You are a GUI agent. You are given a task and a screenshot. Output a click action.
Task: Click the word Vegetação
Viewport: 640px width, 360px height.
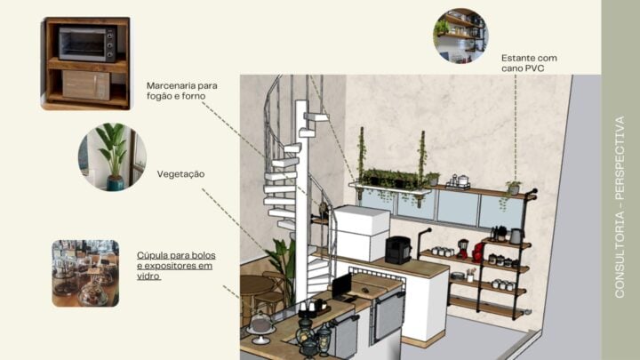click(180, 174)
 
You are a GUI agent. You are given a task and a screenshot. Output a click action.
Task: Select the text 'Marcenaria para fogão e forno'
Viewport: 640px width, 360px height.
click(181, 92)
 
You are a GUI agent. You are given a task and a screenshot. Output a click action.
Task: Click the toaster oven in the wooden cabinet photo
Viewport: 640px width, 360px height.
click(86, 42)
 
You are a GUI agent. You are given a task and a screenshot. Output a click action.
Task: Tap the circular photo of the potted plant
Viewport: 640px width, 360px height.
click(111, 157)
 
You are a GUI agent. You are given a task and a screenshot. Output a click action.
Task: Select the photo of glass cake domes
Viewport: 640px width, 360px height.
click(84, 273)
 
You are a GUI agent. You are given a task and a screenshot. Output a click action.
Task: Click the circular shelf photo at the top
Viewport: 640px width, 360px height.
click(462, 35)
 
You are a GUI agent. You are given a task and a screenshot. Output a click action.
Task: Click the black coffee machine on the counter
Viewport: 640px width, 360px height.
click(397, 250)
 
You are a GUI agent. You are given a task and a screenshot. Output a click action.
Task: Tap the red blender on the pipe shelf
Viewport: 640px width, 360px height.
click(477, 252)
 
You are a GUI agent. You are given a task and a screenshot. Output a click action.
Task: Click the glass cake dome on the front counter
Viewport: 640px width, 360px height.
click(260, 324)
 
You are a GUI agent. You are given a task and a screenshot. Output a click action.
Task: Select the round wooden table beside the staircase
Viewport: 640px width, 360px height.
click(258, 286)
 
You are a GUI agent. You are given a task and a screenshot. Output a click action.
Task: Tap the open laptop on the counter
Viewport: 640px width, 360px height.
click(342, 286)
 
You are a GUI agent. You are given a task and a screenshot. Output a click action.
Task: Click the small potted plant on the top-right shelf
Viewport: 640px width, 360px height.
click(513, 187)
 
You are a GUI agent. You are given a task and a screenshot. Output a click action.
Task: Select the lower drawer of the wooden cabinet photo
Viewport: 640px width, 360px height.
click(86, 85)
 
